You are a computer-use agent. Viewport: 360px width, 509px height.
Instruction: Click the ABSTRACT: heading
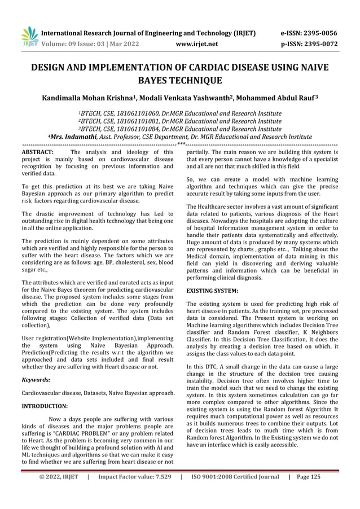coord(37,152)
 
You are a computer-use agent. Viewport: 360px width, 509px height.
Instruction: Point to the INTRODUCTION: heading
coord(45,406)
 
